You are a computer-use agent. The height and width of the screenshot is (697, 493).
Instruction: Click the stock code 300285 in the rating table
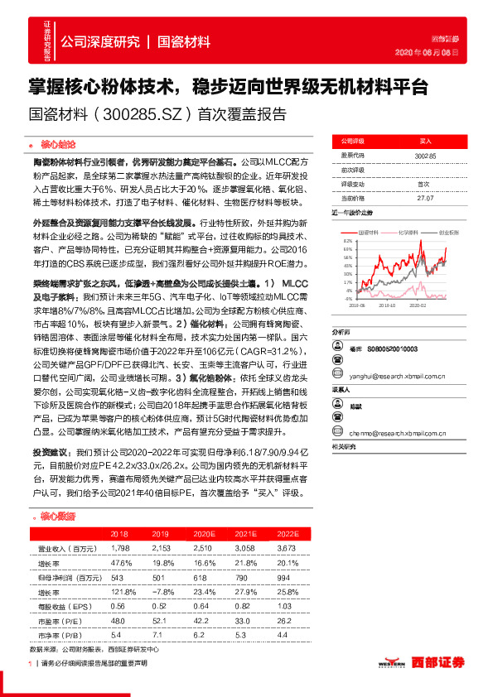tap(425, 155)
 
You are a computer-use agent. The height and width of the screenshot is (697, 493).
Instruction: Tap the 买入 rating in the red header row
tap(425, 142)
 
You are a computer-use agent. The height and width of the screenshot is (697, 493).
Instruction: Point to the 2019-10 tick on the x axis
tap(386, 305)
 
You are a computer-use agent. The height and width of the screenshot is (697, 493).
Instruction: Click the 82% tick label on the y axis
tap(346, 240)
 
